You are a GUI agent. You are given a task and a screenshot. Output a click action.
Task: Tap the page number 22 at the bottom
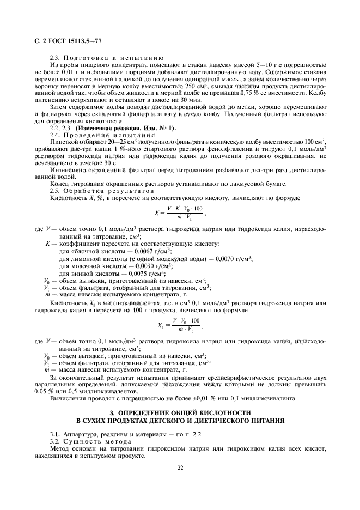tap(180, 467)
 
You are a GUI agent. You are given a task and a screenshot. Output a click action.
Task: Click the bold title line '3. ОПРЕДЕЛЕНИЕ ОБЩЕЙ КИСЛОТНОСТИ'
tap(180, 412)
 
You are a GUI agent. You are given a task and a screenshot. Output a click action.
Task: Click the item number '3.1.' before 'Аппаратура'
tap(55, 432)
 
